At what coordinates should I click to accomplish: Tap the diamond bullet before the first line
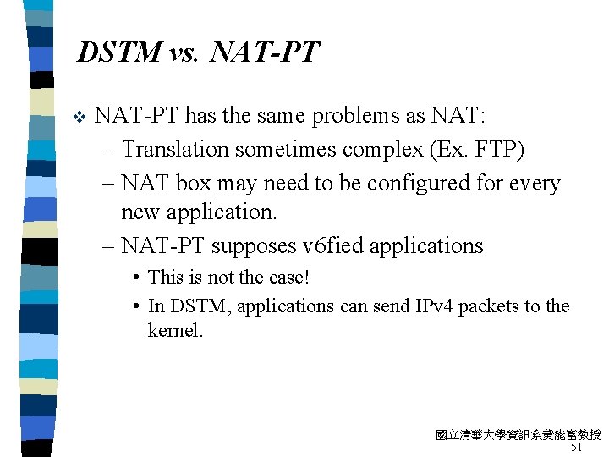(80, 116)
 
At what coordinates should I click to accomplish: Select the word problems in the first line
(329, 115)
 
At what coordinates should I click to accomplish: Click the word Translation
(176, 150)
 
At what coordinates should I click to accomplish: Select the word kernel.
(175, 331)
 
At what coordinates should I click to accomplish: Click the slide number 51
(576, 447)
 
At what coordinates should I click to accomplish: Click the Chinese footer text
(518, 435)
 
